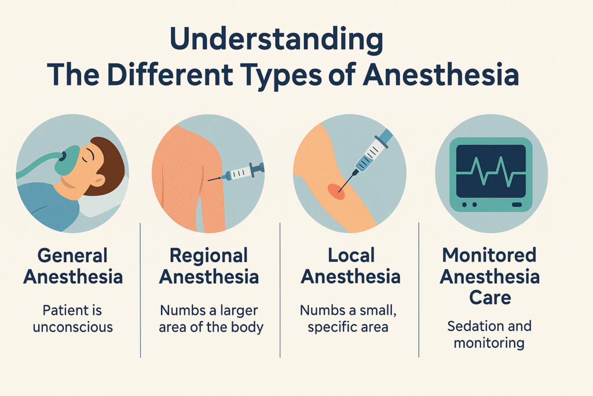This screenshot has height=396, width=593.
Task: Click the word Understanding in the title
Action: pyautogui.click(x=276, y=39)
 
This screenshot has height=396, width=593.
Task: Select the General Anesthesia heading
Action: pyautogui.click(x=73, y=266)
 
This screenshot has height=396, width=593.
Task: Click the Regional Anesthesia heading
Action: pyautogui.click(x=208, y=266)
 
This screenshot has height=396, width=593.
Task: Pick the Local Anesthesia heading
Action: pyautogui.click(x=350, y=266)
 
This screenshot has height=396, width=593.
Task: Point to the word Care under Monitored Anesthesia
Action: pyautogui.click(x=490, y=297)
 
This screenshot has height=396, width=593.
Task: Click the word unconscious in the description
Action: pyautogui.click(x=73, y=327)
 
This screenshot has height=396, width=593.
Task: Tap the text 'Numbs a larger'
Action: pyautogui.click(x=208, y=310)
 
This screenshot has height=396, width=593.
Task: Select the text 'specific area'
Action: pyautogui.click(x=348, y=328)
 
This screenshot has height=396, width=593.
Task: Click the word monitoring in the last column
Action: pyautogui.click(x=489, y=343)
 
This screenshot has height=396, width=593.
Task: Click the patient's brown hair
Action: pyautogui.click(x=107, y=164)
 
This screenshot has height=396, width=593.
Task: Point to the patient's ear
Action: pyautogui.click(x=98, y=181)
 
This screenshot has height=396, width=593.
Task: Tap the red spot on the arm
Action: pyautogui.click(x=336, y=191)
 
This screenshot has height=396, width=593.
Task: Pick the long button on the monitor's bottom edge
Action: pyautogui.click(x=517, y=205)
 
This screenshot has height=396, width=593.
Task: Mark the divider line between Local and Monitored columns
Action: pyautogui.click(x=419, y=290)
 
